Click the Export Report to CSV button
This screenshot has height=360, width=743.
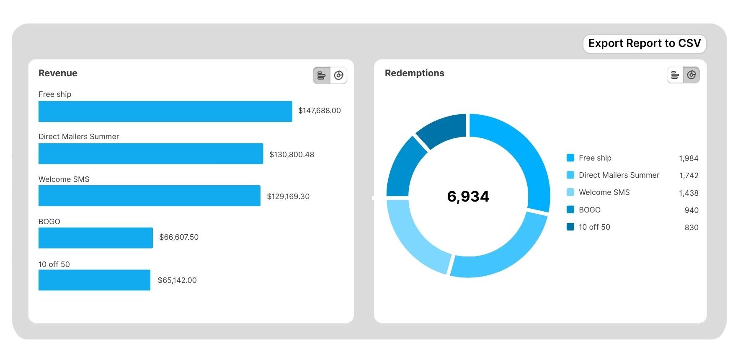(x=644, y=44)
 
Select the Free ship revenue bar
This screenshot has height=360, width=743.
(x=165, y=111)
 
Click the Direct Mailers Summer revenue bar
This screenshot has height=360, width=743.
(x=151, y=154)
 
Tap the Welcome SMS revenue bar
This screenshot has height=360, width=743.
(x=149, y=196)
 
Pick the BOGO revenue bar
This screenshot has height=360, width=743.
(x=95, y=238)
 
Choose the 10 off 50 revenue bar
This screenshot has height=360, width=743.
(x=94, y=280)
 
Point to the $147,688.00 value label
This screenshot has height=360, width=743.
(x=319, y=111)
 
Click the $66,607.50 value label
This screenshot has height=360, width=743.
(x=179, y=237)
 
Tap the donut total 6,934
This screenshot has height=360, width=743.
(x=468, y=196)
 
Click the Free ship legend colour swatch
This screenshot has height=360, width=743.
(x=570, y=158)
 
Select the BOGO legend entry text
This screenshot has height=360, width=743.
(x=589, y=210)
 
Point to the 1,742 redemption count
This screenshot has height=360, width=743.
(x=689, y=176)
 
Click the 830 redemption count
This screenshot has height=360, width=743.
(x=691, y=228)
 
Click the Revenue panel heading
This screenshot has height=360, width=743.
(x=58, y=73)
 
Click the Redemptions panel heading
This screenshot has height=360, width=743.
(x=414, y=73)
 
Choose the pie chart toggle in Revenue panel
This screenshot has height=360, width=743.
(x=338, y=75)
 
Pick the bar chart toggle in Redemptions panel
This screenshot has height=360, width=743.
(x=675, y=75)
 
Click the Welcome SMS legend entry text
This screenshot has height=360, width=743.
(x=604, y=192)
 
